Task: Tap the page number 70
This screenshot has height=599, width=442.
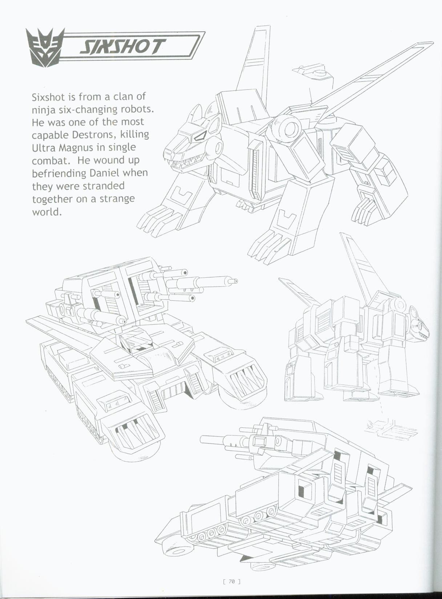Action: (x=231, y=582)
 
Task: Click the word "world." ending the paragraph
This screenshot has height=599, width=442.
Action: (x=47, y=212)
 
